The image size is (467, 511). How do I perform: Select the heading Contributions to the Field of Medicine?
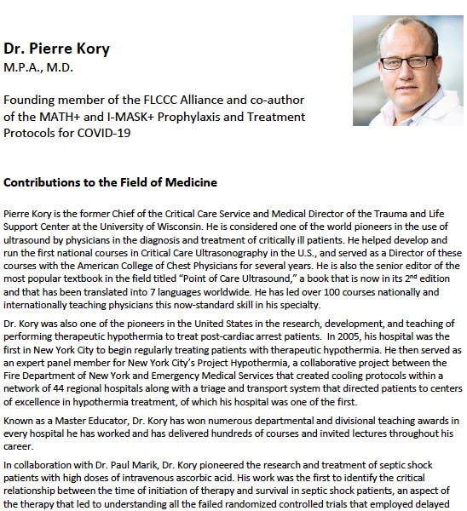point(111,182)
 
